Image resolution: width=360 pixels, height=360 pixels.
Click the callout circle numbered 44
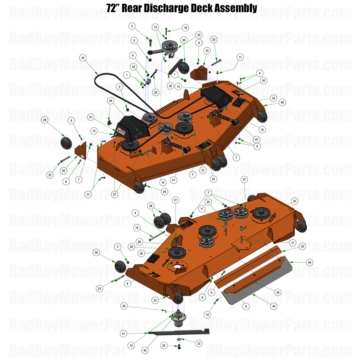pyautogui.click(x=83, y=58)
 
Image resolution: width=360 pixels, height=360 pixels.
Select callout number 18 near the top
pyautogui.click(x=185, y=28)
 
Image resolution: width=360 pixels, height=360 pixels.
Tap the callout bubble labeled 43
pyautogui.click(x=199, y=34)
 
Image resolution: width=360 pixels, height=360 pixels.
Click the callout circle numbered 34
pyautogui.click(x=64, y=170)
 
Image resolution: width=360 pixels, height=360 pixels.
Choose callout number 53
pyautogui.click(x=273, y=98)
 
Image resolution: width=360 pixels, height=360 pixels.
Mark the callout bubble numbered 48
pyautogui.click(x=282, y=102)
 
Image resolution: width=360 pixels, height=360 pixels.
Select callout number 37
pyautogui.click(x=244, y=179)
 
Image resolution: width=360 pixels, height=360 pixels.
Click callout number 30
pyautogui.click(x=294, y=201)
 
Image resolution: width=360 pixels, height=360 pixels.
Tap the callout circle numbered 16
pyautogui.click(x=137, y=228)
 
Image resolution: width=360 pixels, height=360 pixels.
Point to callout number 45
pyautogui.click(x=124, y=306)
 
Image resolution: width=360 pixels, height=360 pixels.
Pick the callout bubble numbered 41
pyautogui.click(x=124, y=334)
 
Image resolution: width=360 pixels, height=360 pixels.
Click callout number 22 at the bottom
pyautogui.click(x=164, y=345)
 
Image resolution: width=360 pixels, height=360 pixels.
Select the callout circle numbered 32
pyautogui.click(x=302, y=246)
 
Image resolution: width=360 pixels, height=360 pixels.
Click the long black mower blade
pyautogui.click(x=180, y=332)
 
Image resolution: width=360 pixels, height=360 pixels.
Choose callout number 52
pyautogui.click(x=213, y=179)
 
